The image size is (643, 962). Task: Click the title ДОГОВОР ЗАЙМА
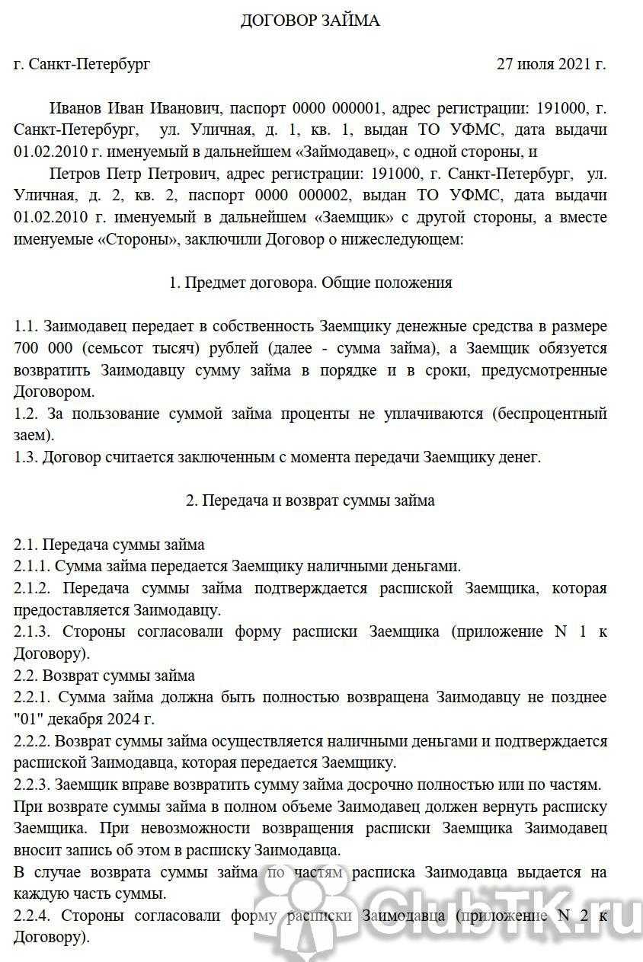pyautogui.click(x=310, y=21)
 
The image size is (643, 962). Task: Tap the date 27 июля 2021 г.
pyautogui.click(x=551, y=64)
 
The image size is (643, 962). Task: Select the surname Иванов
pyautogui.click(x=75, y=107)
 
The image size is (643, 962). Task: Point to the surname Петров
pyautogui.click(x=75, y=173)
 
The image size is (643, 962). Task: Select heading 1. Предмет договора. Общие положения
pyautogui.click(x=310, y=283)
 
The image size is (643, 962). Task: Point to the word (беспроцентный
pyautogui.click(x=549, y=414)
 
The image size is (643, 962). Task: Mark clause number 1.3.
pyautogui.click(x=25, y=458)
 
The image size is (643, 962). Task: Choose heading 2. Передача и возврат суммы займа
pyautogui.click(x=310, y=501)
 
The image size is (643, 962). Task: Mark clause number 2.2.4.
pyautogui.click(x=34, y=916)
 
